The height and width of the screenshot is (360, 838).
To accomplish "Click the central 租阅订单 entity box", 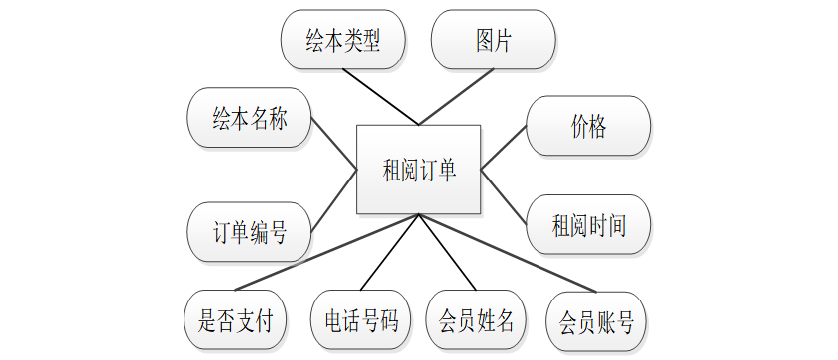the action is click(x=419, y=170).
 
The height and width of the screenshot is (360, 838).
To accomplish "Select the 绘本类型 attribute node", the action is click(x=342, y=40).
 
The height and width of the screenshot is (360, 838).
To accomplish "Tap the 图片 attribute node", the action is click(x=493, y=40).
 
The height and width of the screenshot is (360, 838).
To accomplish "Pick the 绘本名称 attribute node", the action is click(x=249, y=118).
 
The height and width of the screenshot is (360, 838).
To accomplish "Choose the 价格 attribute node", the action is click(x=588, y=126).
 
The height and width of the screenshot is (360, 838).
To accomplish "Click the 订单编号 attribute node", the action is click(x=249, y=232).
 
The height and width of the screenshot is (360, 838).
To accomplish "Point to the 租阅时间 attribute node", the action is click(x=588, y=224).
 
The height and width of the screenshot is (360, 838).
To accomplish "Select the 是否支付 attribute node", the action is click(x=236, y=320).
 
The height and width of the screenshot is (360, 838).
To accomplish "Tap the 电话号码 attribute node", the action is click(x=361, y=320).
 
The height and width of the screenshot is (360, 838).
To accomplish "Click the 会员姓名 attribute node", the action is click(x=476, y=320).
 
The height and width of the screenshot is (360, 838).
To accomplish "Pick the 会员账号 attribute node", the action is click(x=596, y=321).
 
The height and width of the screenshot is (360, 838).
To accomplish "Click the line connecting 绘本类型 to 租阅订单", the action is click(x=381, y=97).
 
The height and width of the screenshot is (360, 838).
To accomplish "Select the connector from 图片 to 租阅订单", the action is click(x=456, y=97).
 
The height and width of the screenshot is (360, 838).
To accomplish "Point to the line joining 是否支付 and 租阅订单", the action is click(x=327, y=252).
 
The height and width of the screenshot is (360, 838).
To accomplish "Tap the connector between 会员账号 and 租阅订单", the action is click(x=507, y=253).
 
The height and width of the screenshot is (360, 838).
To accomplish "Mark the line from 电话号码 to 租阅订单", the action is click(x=390, y=252).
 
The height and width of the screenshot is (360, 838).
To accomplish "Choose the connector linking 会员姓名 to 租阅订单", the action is click(x=447, y=252).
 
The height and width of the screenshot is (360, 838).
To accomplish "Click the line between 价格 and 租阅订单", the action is click(x=504, y=148).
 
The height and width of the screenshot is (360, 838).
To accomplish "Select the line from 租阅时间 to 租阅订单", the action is click(x=504, y=196).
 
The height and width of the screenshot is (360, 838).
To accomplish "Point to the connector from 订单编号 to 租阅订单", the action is click(x=334, y=201).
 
